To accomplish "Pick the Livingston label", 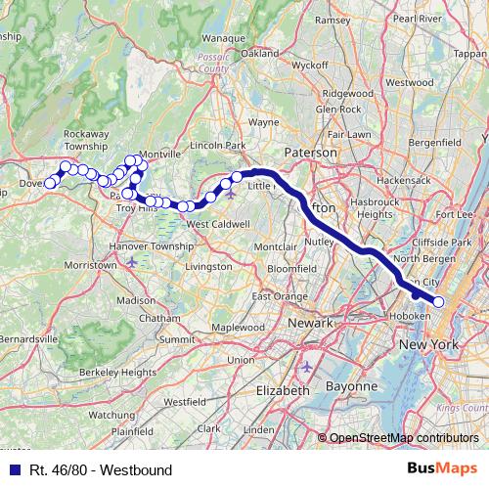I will click(208, 265).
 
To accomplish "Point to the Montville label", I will click(161, 155).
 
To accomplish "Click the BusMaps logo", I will click(447, 469).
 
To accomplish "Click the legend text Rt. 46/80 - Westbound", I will click(100, 470).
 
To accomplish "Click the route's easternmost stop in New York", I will click(438, 302).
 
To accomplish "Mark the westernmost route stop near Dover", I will click(50, 183).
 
